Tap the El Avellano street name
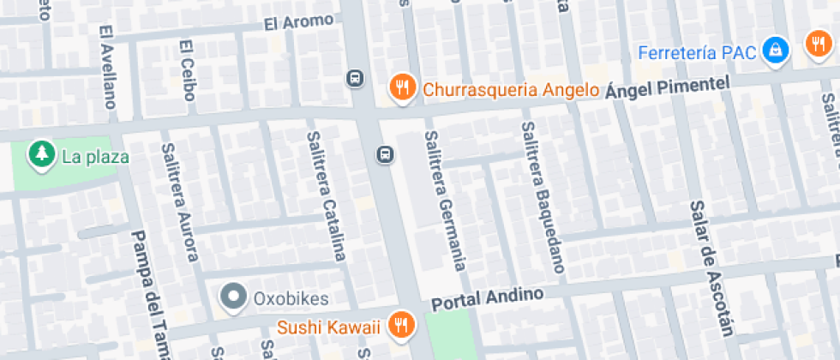click(x=107, y=67)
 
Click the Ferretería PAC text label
click(x=697, y=52)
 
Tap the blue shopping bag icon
click(x=776, y=50)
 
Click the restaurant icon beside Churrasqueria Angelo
click(x=402, y=87)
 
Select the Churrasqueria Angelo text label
click(x=510, y=90)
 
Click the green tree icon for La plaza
click(x=39, y=155)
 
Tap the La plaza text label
click(x=95, y=157)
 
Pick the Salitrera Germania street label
click(x=445, y=201)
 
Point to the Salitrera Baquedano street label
click(x=543, y=198)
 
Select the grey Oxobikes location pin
click(x=232, y=297)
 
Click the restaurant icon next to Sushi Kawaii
click(x=399, y=325)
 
